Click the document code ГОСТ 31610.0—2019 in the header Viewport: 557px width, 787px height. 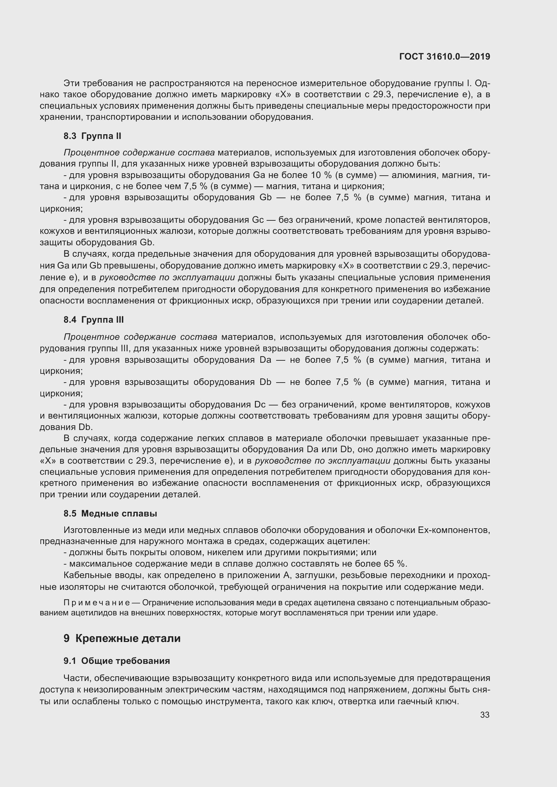coord(445,57)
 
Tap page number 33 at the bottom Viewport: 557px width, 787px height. coord(485,715)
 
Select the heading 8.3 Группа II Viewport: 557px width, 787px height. coord(92,136)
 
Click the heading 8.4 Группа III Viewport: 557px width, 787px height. coord(93,320)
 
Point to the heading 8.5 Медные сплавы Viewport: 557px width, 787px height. coord(110,513)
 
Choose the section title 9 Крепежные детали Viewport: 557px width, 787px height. coord(122,639)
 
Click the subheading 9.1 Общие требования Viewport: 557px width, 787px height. coord(117,661)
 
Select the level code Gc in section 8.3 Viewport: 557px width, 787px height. coord(258,220)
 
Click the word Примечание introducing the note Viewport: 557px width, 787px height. coord(97,603)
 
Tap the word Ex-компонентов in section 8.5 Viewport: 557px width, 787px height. coord(454,530)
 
